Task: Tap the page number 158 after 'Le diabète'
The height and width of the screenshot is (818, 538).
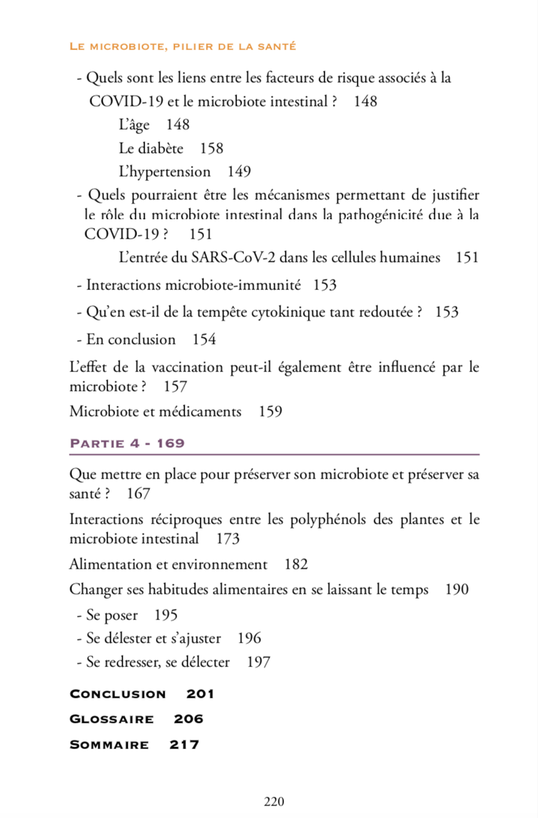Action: click(x=211, y=148)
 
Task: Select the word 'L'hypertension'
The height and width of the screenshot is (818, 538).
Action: click(x=165, y=172)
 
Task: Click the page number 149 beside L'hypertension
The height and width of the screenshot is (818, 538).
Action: click(x=239, y=172)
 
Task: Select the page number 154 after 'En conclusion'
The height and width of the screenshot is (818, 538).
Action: click(x=204, y=339)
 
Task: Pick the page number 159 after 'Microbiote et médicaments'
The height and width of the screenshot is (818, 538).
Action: click(x=270, y=412)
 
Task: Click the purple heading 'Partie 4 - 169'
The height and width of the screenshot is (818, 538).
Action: click(x=127, y=443)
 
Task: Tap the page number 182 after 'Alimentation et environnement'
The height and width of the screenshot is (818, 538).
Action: click(x=296, y=564)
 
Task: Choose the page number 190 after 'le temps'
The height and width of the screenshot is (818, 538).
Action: click(x=457, y=589)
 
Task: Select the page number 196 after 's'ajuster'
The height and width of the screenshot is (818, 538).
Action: click(x=250, y=638)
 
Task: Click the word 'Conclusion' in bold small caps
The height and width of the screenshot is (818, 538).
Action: click(x=118, y=694)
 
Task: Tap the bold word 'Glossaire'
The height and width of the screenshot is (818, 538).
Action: click(x=111, y=719)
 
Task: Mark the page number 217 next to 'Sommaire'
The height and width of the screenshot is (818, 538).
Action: click(x=185, y=745)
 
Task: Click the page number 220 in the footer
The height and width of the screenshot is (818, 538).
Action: click(x=274, y=802)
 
